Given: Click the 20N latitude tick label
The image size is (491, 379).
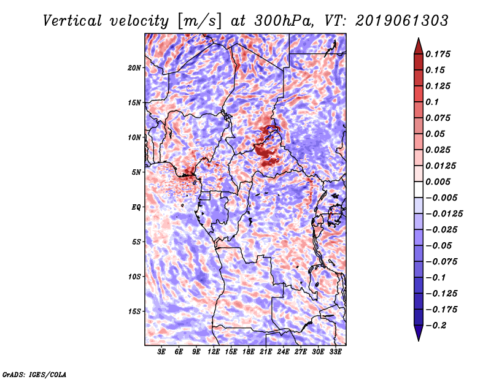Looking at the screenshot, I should click(134, 67).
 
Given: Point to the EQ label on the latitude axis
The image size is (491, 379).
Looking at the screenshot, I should click(136, 207).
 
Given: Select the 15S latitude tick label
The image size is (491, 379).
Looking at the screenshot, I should click(134, 312).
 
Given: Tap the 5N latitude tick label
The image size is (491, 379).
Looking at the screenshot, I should click(136, 172).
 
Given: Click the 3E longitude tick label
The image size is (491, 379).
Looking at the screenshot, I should click(162, 352).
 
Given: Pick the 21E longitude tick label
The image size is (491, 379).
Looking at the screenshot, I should click(266, 352).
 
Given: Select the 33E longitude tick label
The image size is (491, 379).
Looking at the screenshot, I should click(335, 352).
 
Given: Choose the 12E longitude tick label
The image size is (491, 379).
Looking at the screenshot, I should click(214, 352).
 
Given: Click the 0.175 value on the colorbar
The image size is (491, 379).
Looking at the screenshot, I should click(439, 54).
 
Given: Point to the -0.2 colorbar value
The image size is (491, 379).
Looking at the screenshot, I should click(437, 325).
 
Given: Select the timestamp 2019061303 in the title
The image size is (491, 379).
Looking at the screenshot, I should click(401, 21).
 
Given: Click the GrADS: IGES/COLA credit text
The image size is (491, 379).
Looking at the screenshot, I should click(34, 373).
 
